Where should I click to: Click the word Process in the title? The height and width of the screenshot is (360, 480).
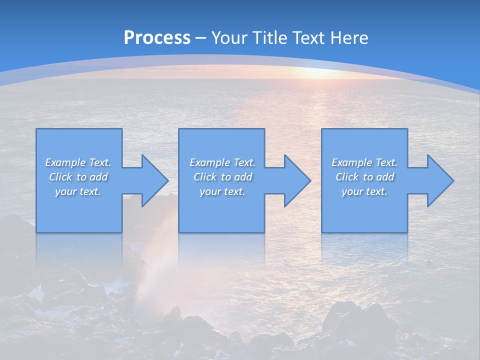tap(157, 37)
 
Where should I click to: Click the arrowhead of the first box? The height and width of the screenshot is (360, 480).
tap(153, 180)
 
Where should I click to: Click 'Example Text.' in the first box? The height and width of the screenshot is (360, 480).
tap(78, 162)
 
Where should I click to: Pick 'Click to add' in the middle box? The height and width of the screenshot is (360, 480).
tap(222, 177)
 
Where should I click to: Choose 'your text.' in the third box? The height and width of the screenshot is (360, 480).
tap(364, 191)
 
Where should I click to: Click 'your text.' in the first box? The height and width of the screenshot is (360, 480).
tap(78, 191)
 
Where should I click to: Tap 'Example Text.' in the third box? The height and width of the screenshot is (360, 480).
tap(364, 162)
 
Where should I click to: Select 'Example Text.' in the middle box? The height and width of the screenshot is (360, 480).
tap(222, 162)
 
